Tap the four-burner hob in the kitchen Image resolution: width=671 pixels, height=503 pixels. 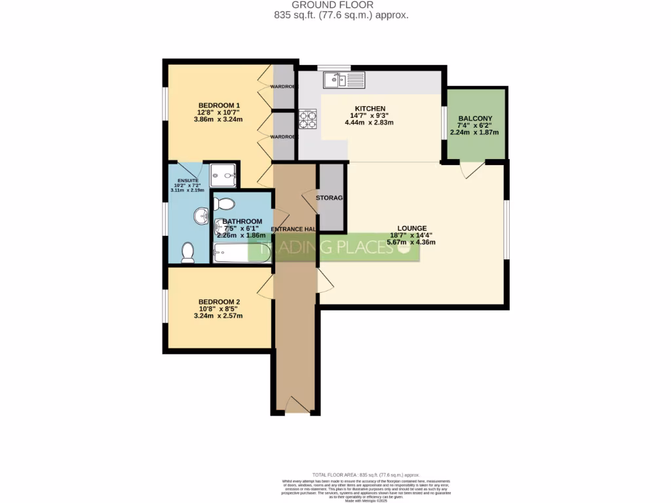[307, 119]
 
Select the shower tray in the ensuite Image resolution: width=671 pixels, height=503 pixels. [223, 174]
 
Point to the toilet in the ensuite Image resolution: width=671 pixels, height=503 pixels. [187, 250]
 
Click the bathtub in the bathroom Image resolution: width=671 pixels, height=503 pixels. [241, 253]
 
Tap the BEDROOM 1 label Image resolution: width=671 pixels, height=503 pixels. [220, 105]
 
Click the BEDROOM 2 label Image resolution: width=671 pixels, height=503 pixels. [218, 302]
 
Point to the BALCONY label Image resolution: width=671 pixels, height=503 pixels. [475, 119]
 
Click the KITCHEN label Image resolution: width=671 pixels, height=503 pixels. [370, 109]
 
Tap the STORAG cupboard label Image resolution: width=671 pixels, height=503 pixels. [330, 197]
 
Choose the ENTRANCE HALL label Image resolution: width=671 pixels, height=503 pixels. [294, 229]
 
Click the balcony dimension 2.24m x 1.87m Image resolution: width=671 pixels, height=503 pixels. [474, 132]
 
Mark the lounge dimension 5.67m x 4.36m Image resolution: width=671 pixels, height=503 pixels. [411, 242]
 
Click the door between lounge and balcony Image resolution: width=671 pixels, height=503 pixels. [472, 168]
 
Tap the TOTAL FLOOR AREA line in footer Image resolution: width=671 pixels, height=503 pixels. [366, 474]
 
